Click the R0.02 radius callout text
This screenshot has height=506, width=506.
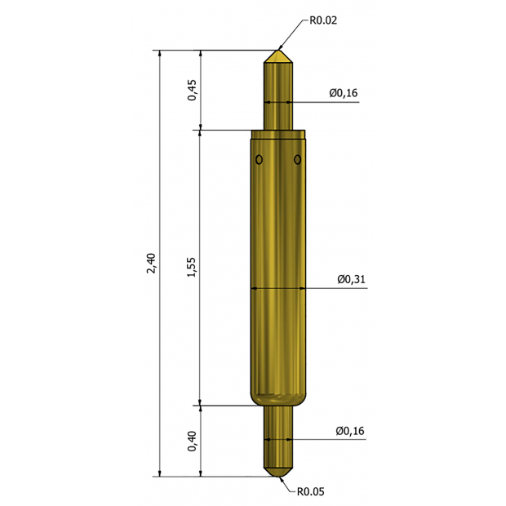[323, 20]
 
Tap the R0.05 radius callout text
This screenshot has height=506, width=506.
[310, 491]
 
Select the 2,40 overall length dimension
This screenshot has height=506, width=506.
[151, 264]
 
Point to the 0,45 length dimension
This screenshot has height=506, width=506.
[192, 90]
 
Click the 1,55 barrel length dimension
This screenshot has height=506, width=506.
[191, 267]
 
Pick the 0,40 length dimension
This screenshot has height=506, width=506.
[192, 442]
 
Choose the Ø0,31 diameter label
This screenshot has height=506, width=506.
[352, 279]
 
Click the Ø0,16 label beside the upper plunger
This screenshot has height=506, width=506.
[344, 93]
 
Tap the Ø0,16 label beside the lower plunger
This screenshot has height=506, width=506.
[350, 431]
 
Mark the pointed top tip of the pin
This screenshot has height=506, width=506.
[278, 50]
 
